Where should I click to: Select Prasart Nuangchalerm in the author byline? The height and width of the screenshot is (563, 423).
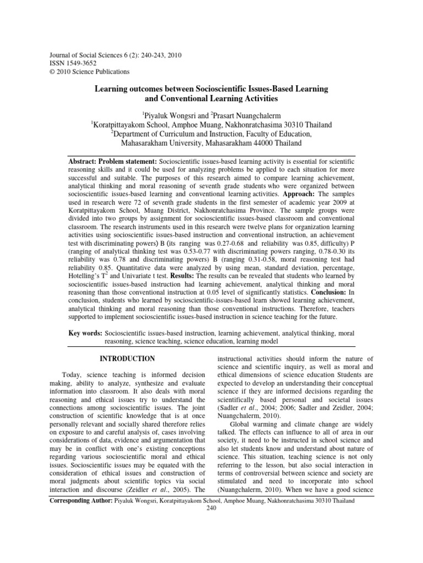point(239,115)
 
